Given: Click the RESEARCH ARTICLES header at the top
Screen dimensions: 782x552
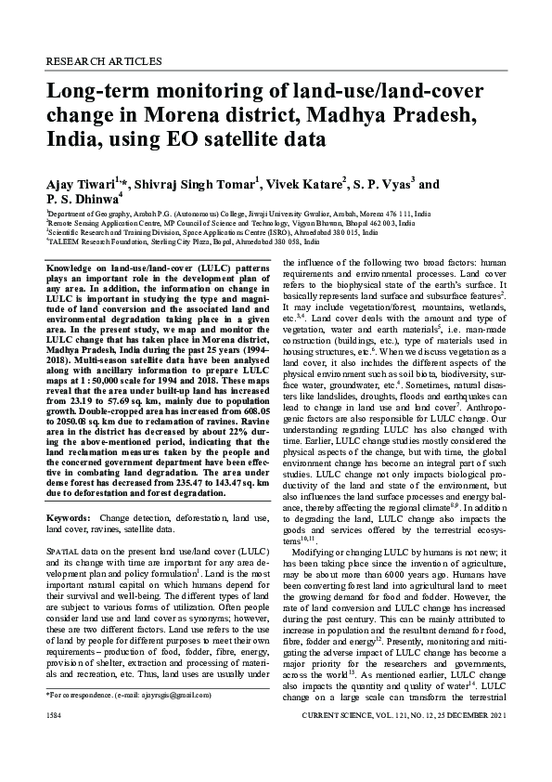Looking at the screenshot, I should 103,60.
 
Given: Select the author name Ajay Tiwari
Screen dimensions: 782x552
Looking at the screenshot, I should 81,183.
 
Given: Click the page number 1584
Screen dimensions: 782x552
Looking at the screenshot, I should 55,745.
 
